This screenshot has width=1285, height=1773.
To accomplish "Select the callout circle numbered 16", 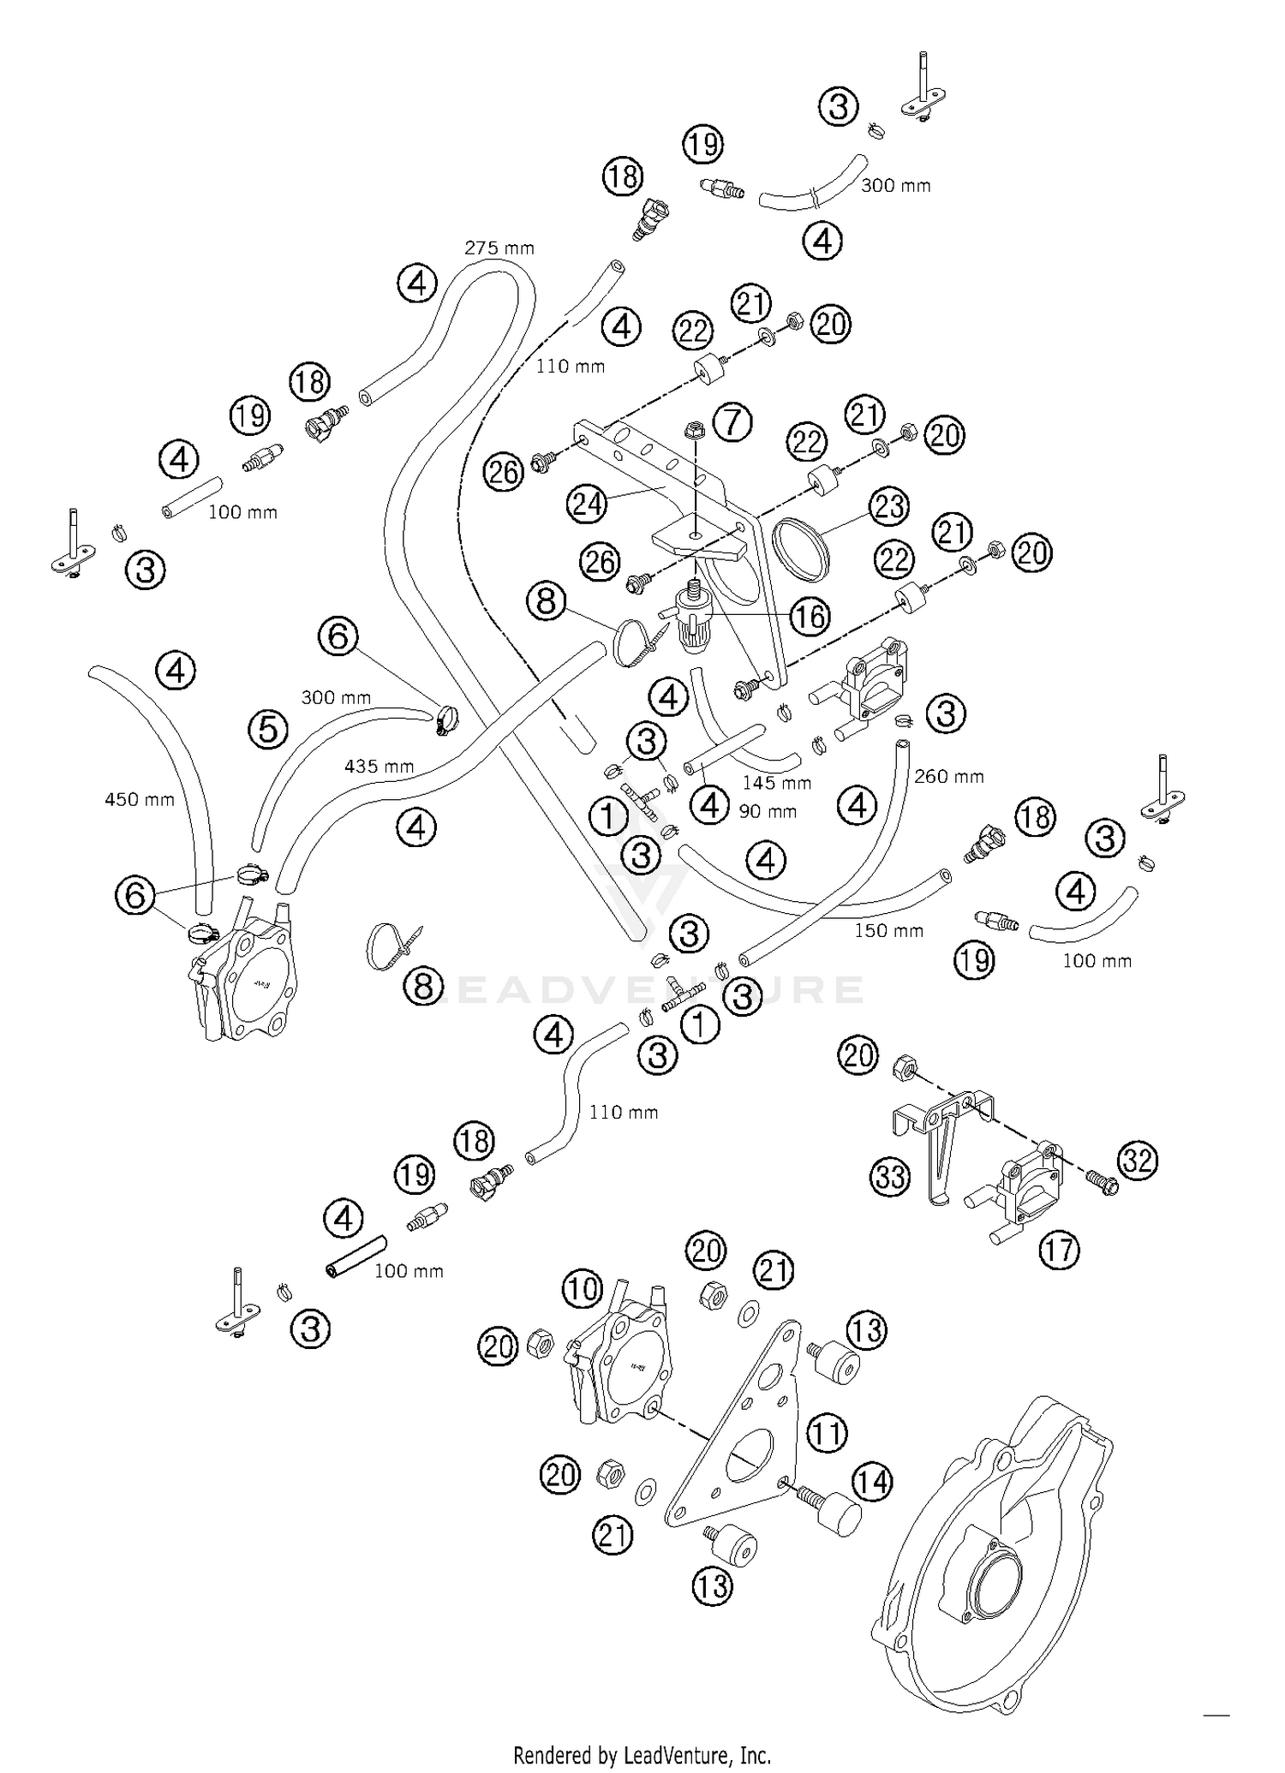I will [x=810, y=616].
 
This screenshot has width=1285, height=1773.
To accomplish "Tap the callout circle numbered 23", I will [x=888, y=506].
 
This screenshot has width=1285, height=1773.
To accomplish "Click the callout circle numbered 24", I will [x=588, y=504].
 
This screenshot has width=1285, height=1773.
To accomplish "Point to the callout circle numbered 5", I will [x=268, y=730].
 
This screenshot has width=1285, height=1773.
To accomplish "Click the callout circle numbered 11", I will [x=827, y=1432].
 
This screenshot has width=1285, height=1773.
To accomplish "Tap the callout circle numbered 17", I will [x=1059, y=1250].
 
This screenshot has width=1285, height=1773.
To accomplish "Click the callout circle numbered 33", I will [x=890, y=1176].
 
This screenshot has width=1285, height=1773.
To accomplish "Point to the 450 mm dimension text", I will [x=140, y=800].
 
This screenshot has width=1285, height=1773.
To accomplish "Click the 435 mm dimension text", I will [x=380, y=766].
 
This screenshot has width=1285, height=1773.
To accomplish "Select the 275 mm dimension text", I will [x=499, y=248].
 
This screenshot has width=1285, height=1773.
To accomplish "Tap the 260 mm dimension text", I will [x=948, y=777].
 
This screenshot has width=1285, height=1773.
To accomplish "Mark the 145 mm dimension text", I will [x=776, y=783].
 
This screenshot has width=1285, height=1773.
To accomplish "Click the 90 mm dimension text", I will [x=768, y=811].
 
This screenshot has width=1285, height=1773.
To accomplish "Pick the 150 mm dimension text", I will [x=888, y=930].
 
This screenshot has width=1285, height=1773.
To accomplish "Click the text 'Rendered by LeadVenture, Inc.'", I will [x=642, y=1755].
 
